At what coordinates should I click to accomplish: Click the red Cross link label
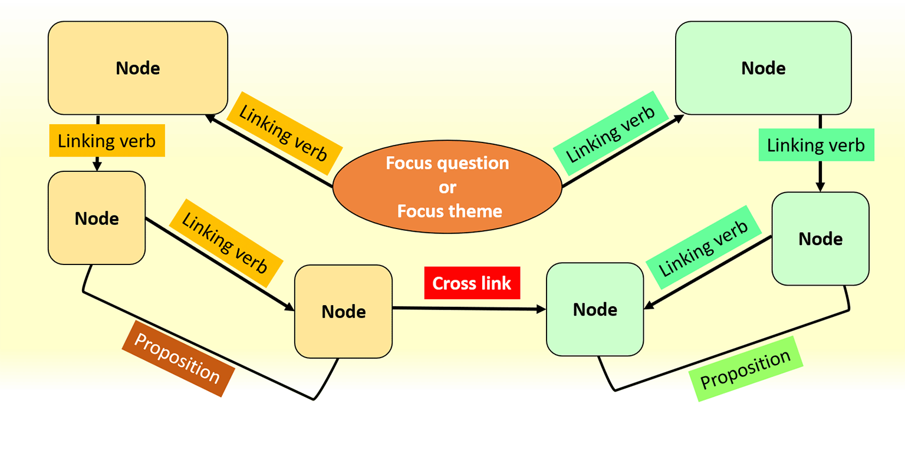tap(472, 283)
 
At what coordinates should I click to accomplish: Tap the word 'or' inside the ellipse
tap(447, 187)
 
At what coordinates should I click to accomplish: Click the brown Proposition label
tap(177, 358)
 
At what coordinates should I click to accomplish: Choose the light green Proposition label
tap(746, 369)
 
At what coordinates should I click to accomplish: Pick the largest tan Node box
tap(137, 68)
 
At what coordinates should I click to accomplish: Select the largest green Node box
tap(763, 68)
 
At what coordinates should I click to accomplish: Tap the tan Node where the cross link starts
tap(343, 312)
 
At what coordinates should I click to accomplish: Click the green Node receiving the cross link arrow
tap(594, 309)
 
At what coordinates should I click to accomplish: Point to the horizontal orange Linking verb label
tap(107, 141)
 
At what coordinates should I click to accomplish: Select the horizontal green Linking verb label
tap(815, 145)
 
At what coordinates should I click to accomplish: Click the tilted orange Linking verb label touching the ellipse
tap(284, 134)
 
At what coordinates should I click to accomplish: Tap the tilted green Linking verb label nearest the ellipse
tap(611, 134)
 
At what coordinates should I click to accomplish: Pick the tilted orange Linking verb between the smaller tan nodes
tap(225, 243)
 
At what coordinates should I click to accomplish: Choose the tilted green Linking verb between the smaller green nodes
tap(703, 247)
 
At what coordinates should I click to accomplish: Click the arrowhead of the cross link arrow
tap(541, 309)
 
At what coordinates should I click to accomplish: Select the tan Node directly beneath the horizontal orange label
tap(97, 218)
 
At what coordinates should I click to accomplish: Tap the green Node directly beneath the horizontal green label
tap(820, 239)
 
